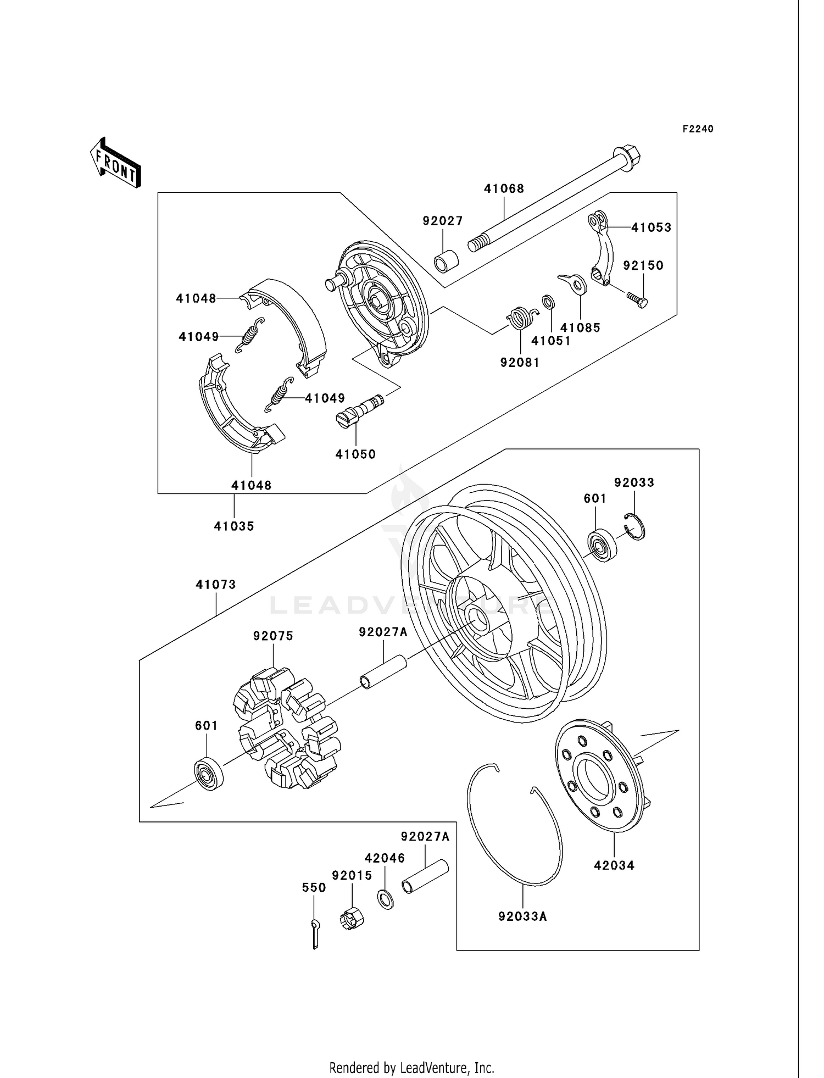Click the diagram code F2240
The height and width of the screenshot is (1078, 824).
pos(698,129)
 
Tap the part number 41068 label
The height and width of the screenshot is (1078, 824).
pos(504,188)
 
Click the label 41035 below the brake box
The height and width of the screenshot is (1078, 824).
pos(234,526)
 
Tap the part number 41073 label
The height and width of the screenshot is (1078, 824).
pos(216,585)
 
